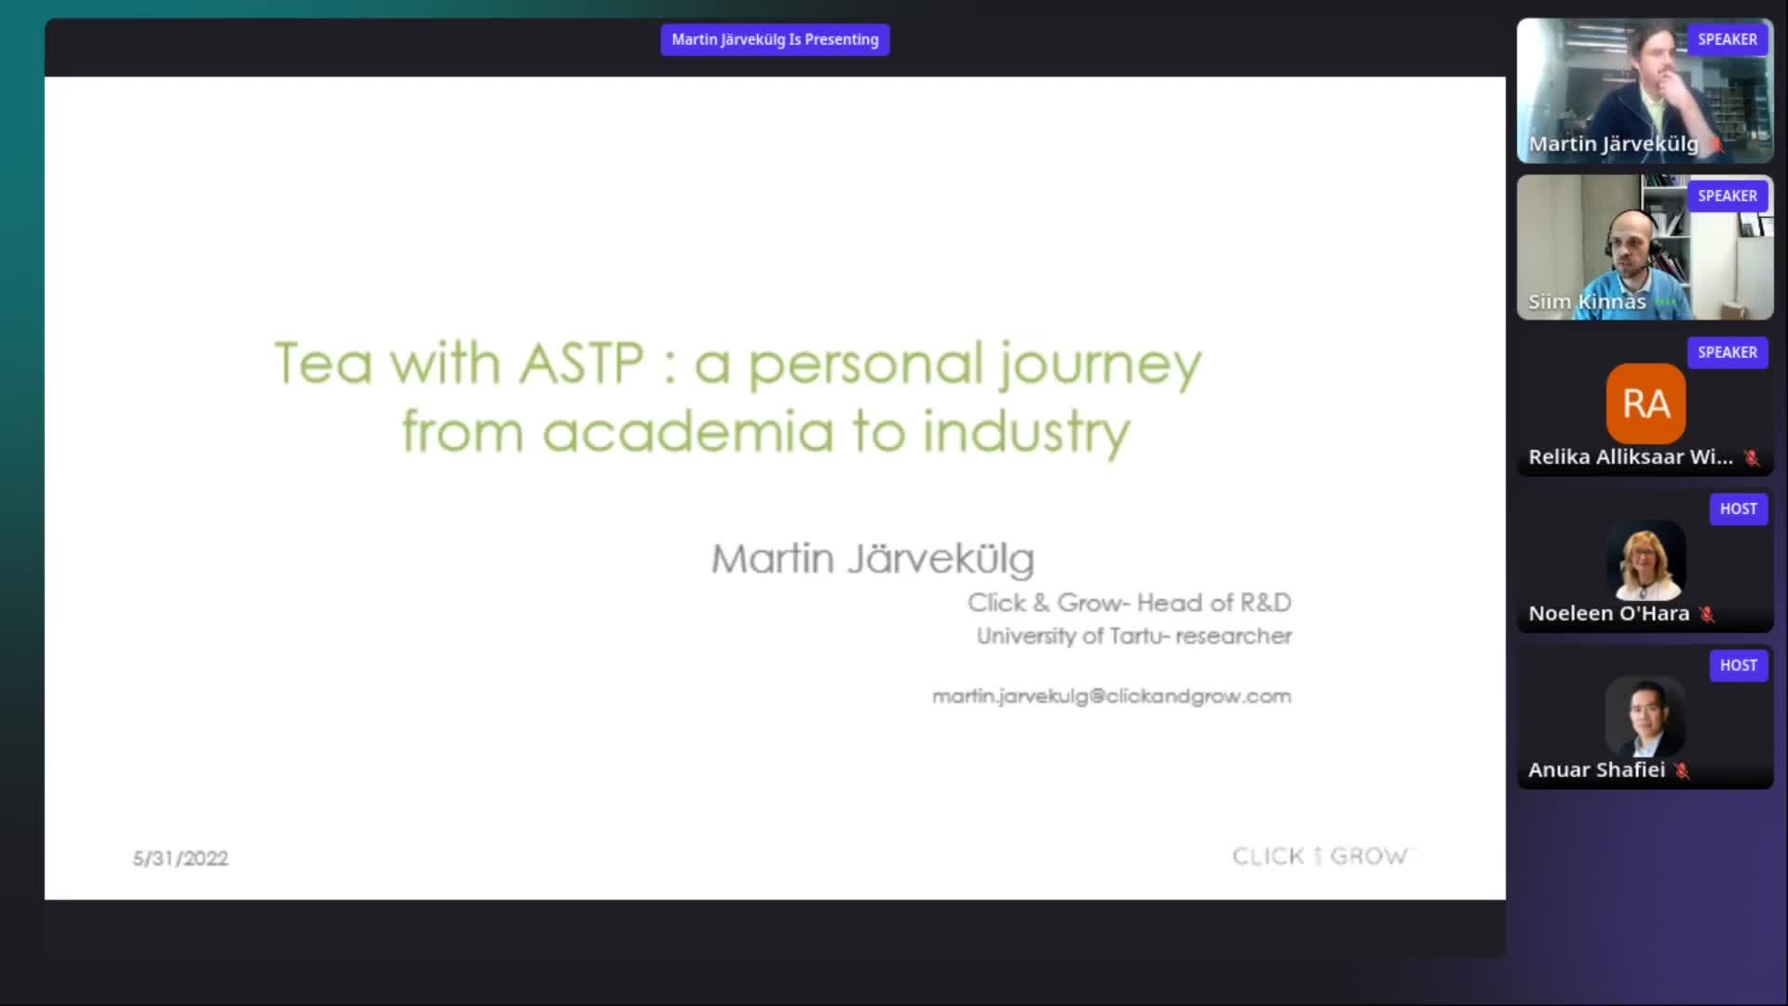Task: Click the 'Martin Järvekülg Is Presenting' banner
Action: pos(775,40)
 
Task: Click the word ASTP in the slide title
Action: pos(581,363)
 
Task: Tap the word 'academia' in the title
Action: pos(687,432)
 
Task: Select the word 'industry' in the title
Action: pos(1026,434)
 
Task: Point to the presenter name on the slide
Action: pos(873,559)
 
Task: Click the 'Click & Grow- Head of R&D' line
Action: pos(1129,604)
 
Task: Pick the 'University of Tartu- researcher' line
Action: pos(1133,636)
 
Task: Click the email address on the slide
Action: pos(1111,697)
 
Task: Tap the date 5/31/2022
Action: pos(181,859)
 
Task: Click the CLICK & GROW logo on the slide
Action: pos(1321,856)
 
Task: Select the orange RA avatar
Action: pos(1646,403)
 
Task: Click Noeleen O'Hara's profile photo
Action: pos(1646,562)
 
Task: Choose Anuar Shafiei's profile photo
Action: pos(1646,717)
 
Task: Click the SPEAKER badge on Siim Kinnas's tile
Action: pos(1727,197)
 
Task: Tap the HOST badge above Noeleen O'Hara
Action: pos(1738,510)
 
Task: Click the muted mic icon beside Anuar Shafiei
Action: pos(1682,770)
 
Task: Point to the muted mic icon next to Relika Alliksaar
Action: pos(1752,457)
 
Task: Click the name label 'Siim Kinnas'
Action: pos(1587,302)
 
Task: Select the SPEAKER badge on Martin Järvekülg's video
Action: pos(1727,40)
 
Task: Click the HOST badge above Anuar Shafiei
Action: pos(1738,666)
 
